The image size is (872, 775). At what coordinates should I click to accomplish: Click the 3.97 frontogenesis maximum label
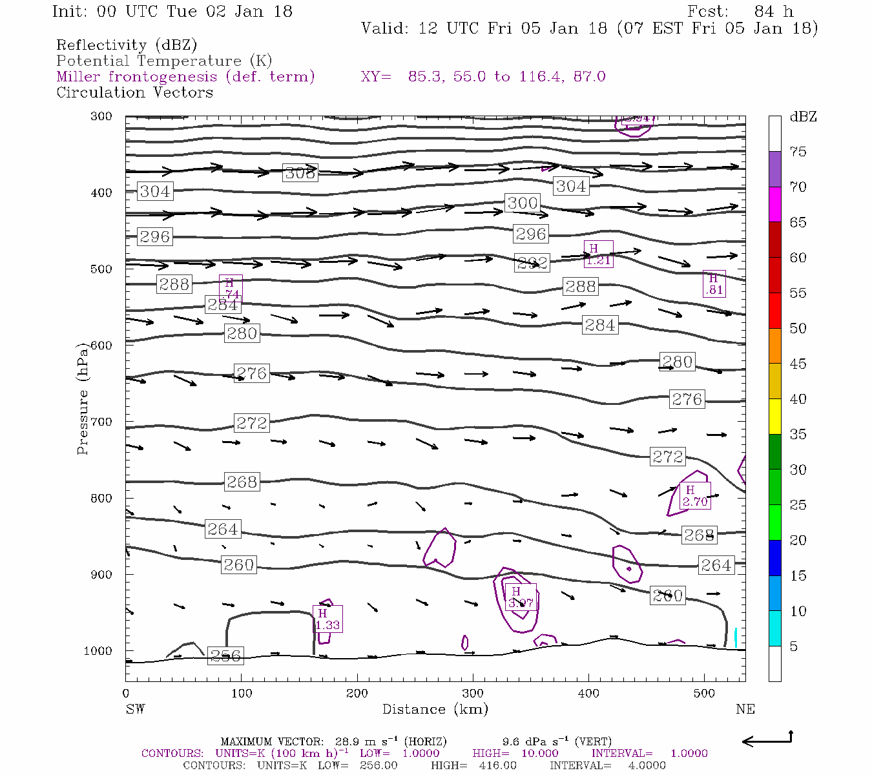pos(521,597)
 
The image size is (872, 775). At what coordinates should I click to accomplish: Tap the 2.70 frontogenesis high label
pos(695,496)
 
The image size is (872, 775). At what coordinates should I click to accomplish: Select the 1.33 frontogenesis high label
pos(327,619)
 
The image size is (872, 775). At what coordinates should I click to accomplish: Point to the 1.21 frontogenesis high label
pos(598,254)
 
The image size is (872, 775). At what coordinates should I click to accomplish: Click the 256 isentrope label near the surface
pos(225,656)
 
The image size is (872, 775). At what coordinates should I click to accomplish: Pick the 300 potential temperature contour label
pos(522,203)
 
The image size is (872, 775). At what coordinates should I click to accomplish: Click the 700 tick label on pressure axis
pos(101,422)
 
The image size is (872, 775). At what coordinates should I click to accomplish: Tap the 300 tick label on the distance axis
pos(473,694)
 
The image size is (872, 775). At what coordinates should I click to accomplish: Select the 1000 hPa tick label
pos(98,651)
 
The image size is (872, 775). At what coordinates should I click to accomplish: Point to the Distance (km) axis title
pos(435,709)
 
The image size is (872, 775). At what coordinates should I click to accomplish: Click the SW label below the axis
pos(135,709)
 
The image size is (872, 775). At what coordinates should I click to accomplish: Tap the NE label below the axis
pos(745,709)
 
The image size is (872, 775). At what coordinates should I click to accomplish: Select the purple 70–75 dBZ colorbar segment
pos(774,169)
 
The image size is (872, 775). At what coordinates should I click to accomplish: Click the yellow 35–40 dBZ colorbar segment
pos(774,417)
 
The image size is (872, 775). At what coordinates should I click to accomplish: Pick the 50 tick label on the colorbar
pos(798,328)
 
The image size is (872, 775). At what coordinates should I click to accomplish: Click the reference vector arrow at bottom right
pos(767,740)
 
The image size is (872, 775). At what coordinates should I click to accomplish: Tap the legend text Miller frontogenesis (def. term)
pos(185,77)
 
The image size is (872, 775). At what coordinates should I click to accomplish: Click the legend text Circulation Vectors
pos(134,92)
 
